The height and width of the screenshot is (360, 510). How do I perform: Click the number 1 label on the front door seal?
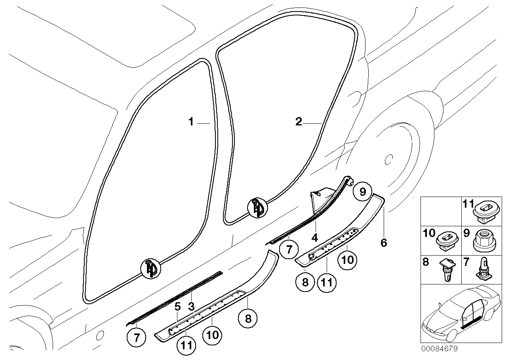[191, 122]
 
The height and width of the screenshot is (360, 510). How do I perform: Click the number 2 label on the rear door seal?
[299, 122]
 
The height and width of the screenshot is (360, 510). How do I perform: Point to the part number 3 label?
[191, 306]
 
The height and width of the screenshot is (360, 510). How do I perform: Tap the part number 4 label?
[314, 238]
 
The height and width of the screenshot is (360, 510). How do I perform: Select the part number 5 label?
[178, 306]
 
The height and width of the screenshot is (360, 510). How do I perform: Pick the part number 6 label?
[383, 243]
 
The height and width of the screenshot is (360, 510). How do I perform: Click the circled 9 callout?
[362, 192]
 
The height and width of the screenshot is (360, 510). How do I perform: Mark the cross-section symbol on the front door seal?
[151, 269]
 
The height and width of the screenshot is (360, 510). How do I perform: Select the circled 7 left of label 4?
[289, 250]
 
